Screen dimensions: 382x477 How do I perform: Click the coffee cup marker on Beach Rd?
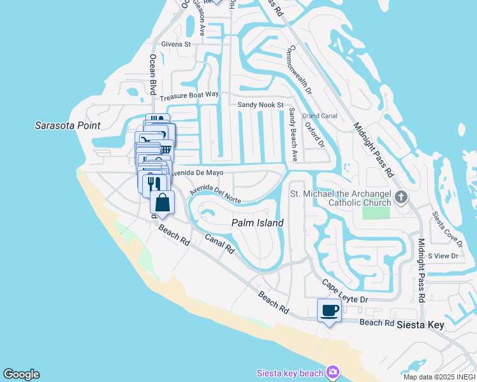click(329, 311)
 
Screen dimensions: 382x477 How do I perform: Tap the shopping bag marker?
click(163, 202)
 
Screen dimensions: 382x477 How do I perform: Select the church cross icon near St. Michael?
click(401, 197)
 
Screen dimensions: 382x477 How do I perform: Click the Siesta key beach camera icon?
click(332, 372)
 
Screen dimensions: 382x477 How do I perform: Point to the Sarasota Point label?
click(68, 125)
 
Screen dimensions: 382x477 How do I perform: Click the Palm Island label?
click(257, 223)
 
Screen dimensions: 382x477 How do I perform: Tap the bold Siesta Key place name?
click(420, 325)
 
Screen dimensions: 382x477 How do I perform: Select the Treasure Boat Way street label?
click(189, 95)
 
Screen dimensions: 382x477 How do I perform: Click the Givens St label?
click(176, 44)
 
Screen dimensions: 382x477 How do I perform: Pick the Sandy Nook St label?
click(260, 104)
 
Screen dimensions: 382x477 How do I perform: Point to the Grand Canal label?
click(319, 116)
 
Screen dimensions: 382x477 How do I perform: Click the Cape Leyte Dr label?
click(345, 291)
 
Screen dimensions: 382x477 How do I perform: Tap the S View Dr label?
click(443, 255)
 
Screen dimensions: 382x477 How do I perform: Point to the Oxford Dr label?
click(314, 134)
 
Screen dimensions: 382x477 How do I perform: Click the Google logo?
click(21, 374)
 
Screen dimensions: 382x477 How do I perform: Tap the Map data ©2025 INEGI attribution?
click(439, 377)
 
